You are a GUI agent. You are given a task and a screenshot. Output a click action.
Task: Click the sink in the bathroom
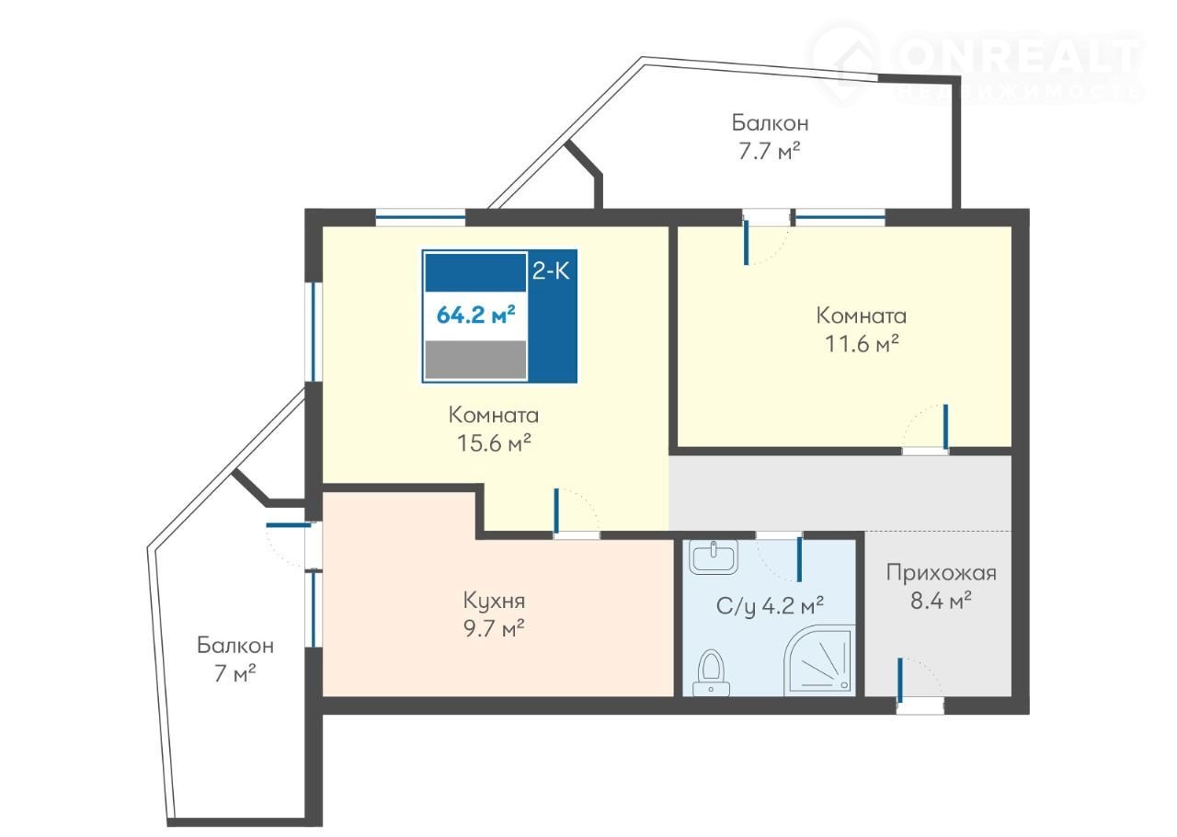[713, 557]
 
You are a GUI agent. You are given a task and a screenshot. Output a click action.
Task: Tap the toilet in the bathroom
[712, 672]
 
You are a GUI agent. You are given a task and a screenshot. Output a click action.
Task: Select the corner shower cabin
[819, 661]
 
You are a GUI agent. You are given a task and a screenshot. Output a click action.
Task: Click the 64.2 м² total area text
[475, 315]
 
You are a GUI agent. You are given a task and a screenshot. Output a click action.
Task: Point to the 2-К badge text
[551, 271]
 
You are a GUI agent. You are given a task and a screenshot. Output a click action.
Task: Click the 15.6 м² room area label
[494, 443]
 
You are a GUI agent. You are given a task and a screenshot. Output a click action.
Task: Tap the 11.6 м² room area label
[862, 344]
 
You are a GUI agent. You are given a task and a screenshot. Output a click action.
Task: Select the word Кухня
[494, 601]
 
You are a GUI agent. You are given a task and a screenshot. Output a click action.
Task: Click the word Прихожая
[941, 572]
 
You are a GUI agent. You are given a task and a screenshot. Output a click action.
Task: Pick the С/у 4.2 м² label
[770, 606]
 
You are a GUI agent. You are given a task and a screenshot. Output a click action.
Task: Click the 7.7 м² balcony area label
[770, 152]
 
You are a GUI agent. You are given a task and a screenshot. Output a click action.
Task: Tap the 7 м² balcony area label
[234, 673]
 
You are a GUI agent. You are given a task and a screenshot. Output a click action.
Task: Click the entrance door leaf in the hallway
[899, 681]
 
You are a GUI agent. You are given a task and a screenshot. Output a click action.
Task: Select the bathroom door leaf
[799, 559]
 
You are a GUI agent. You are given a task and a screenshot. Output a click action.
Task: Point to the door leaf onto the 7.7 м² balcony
[746, 242]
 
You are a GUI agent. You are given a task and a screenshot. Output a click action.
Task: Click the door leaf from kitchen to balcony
[289, 524]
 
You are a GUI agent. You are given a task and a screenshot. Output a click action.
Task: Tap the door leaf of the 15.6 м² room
[556, 511]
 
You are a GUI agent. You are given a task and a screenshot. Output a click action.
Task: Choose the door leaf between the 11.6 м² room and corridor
[946, 427]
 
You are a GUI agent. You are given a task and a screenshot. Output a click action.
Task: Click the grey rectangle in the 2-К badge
[475, 360]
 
